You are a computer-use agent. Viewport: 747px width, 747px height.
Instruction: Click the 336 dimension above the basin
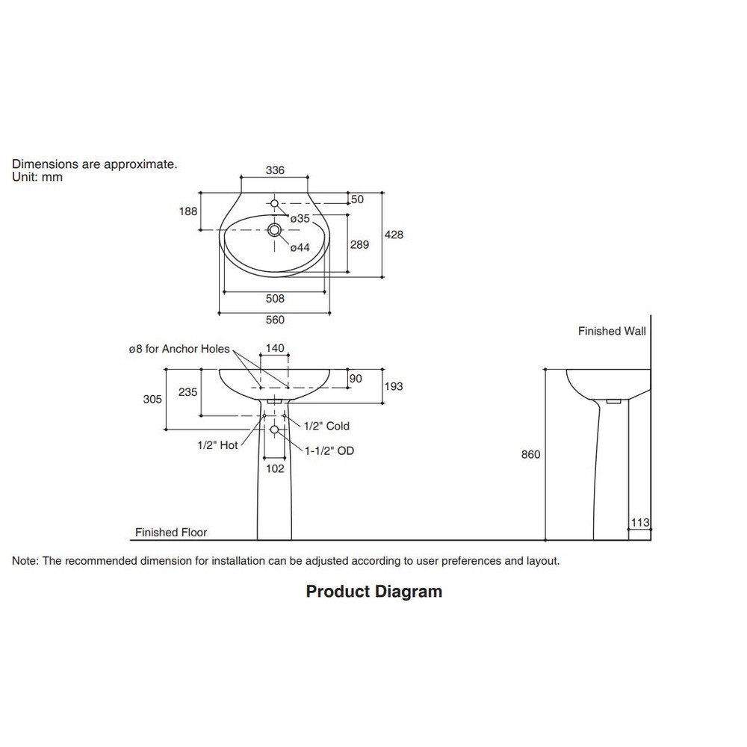(275, 170)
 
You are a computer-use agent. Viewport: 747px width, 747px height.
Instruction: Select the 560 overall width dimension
(275, 320)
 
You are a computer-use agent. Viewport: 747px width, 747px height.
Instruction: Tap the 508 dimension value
(275, 299)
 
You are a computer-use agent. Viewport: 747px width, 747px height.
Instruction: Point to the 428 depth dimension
(394, 235)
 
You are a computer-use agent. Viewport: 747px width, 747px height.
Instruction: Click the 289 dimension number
(360, 244)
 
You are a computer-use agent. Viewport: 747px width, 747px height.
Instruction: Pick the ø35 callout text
(300, 218)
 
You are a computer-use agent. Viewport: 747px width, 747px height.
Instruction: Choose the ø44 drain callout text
(300, 247)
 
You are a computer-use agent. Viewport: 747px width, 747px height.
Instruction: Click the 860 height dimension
(531, 454)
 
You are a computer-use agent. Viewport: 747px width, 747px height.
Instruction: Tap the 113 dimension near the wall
(640, 523)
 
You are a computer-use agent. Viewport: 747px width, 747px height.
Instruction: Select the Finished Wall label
(612, 331)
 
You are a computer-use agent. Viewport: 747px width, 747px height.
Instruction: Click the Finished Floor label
(171, 533)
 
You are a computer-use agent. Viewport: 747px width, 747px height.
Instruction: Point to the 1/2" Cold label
(326, 426)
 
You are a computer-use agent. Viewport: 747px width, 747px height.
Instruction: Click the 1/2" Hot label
(217, 444)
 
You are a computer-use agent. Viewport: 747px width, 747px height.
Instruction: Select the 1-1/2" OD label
(329, 450)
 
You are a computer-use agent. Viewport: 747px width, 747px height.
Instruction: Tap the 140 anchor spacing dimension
(275, 348)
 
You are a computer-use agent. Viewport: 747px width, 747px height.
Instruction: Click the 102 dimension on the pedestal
(275, 469)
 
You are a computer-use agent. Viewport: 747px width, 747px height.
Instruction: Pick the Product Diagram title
(374, 592)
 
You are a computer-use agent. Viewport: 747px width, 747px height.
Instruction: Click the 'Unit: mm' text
(37, 177)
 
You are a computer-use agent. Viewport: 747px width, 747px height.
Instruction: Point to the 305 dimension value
(152, 400)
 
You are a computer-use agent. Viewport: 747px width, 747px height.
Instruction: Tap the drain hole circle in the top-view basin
(275, 230)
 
